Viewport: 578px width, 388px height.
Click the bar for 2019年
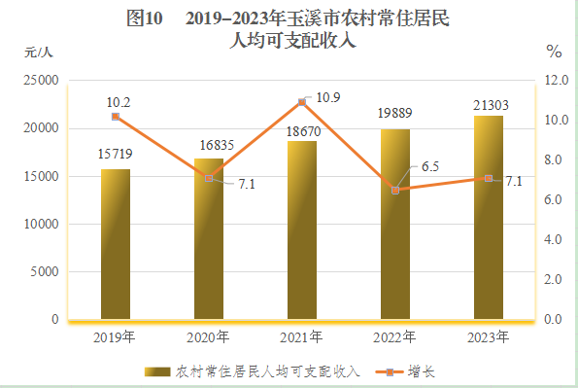[x=116, y=244]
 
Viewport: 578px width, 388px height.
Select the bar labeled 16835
[x=209, y=238]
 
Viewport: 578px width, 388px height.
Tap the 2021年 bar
[x=302, y=229]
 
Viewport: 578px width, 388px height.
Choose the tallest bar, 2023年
[x=489, y=217]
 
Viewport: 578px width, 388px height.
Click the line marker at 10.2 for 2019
[x=116, y=117]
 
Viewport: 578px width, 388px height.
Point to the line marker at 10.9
[x=302, y=102]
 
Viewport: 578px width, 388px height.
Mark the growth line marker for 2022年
[x=395, y=190]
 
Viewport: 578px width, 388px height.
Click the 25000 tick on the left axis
[x=42, y=81]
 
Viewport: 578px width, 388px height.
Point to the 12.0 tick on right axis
[x=555, y=81]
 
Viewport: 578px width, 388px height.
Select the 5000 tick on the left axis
[x=46, y=272]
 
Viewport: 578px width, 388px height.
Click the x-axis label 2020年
[x=209, y=336]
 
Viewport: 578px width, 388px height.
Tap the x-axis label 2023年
[x=489, y=336]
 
